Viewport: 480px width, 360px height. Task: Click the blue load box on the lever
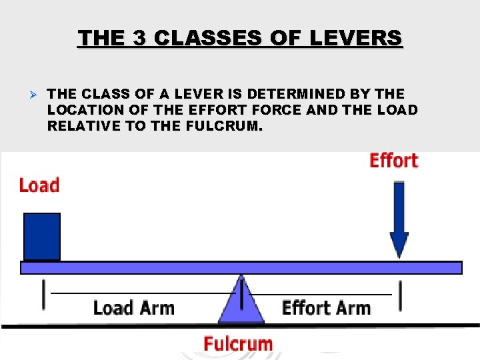[x=42, y=236]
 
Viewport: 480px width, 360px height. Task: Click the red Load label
[x=39, y=185]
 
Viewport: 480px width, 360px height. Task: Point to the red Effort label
[x=394, y=161]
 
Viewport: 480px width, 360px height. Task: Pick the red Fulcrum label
[x=238, y=344]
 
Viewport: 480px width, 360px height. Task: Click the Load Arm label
[x=133, y=308]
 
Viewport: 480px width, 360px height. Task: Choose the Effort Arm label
[x=326, y=308]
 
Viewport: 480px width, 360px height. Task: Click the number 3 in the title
[x=139, y=38]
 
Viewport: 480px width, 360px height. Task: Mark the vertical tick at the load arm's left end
[x=44, y=295]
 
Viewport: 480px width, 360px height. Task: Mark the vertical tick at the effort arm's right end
[x=401, y=295]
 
